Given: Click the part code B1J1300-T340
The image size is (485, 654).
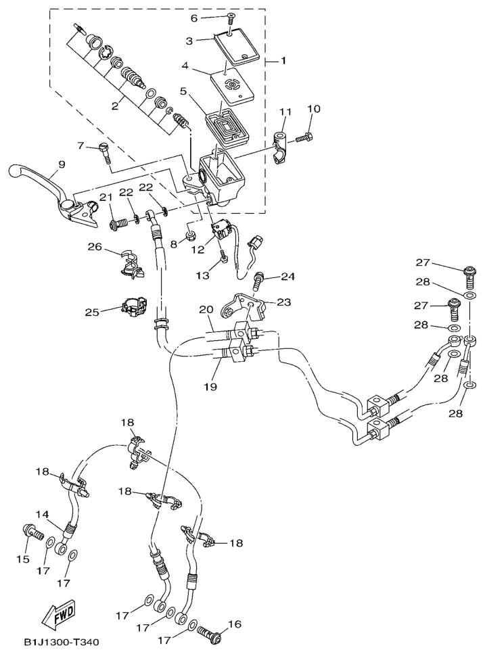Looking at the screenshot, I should click(x=64, y=642).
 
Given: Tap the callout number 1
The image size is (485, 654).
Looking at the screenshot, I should click(x=283, y=61).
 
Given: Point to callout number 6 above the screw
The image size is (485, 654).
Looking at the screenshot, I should click(x=194, y=18).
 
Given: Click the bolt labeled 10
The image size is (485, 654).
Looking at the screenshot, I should click(x=303, y=139).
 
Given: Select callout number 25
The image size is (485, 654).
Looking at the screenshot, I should click(x=92, y=312).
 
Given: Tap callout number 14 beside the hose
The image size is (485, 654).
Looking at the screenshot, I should click(x=43, y=515).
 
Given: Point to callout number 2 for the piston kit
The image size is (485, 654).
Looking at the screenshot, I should click(x=115, y=106).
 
